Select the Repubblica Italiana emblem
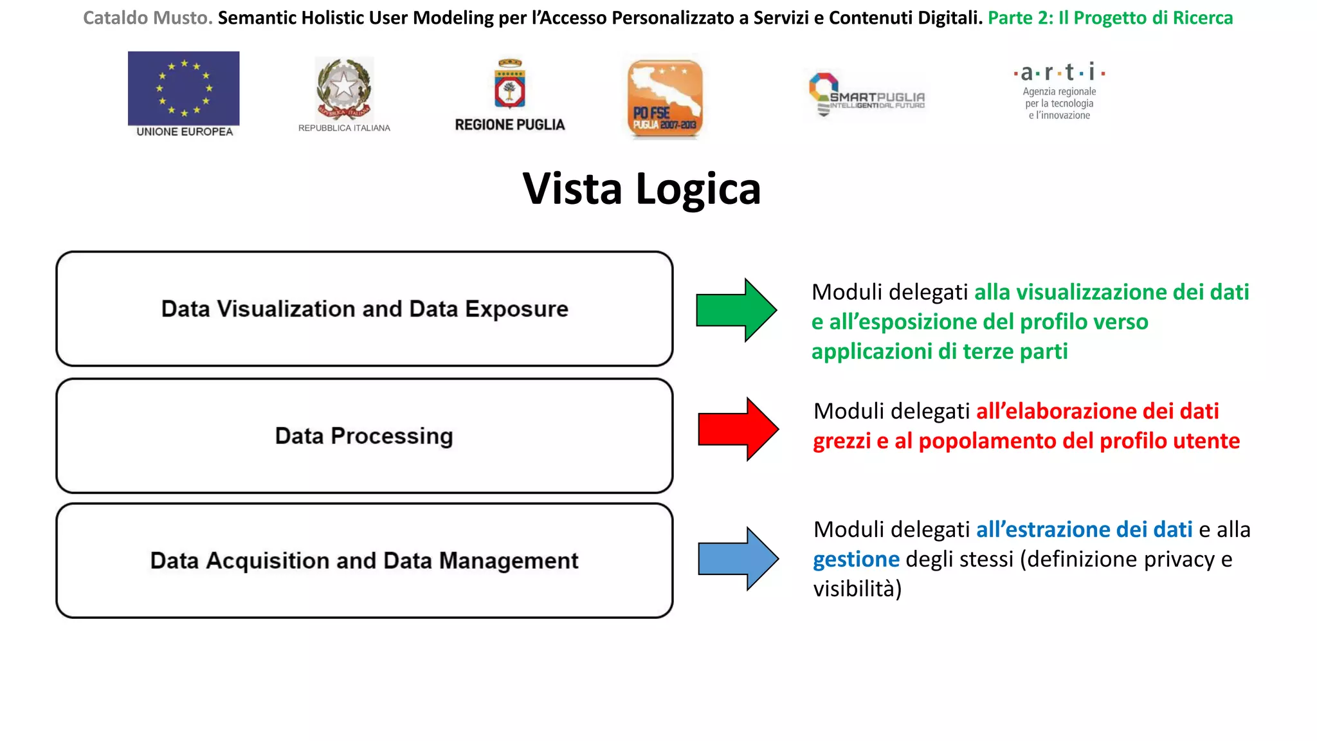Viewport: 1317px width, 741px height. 344,89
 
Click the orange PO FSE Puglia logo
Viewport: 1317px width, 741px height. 665,98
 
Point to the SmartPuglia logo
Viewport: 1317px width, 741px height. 866,95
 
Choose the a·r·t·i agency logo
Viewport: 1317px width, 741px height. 1059,91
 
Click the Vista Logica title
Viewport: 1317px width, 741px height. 641,189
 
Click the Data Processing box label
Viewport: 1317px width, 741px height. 364,436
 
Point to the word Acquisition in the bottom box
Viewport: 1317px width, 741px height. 268,561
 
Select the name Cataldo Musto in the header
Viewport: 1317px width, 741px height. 147,18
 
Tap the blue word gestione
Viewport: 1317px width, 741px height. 856,560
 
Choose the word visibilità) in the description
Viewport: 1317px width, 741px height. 857,589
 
